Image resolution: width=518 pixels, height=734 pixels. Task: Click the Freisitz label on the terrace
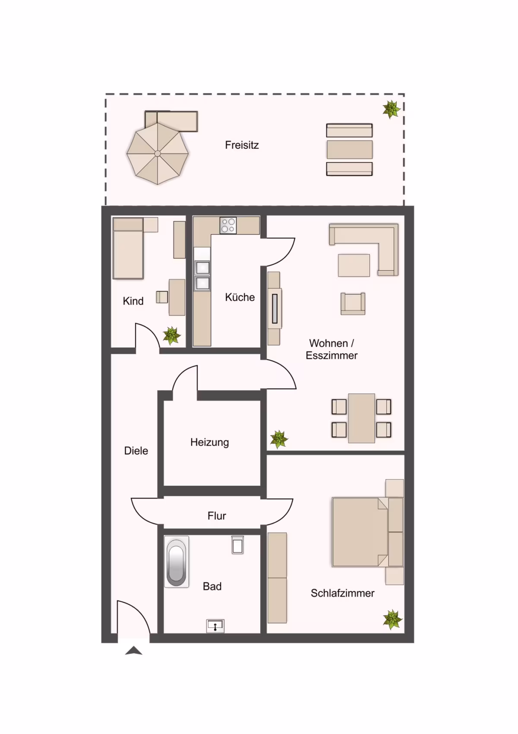(x=242, y=145)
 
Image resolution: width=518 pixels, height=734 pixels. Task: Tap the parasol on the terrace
(x=158, y=154)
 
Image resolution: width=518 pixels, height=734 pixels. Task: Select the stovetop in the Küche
(x=228, y=226)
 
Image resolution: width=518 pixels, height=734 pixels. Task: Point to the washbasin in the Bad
(x=215, y=626)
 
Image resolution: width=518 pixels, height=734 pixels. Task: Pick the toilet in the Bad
(x=237, y=545)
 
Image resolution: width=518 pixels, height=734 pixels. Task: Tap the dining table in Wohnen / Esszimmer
(x=361, y=418)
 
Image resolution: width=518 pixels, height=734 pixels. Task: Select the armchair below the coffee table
(x=353, y=304)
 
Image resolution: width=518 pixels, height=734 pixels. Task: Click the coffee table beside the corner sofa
(x=354, y=265)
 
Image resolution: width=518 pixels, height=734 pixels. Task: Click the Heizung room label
(x=210, y=442)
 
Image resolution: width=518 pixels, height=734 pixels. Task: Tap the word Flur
(x=217, y=516)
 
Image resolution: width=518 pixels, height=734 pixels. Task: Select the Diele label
(x=136, y=451)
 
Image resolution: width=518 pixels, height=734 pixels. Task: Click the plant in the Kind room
(x=172, y=335)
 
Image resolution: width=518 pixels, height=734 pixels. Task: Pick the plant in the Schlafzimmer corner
(x=392, y=619)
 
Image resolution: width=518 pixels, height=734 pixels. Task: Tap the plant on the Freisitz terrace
(x=392, y=109)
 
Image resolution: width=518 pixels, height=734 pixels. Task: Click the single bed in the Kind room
(x=128, y=249)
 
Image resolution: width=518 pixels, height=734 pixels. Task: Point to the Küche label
(x=240, y=297)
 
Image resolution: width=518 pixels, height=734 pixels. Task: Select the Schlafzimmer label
(x=343, y=593)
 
